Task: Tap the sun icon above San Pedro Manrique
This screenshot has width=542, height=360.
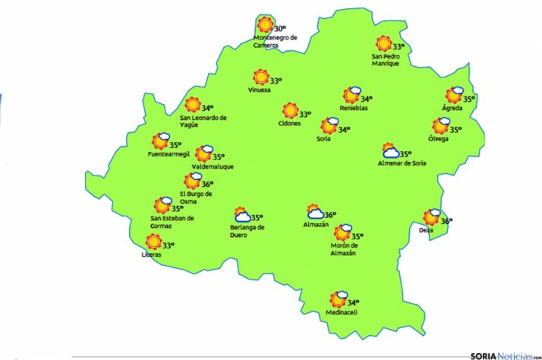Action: pyautogui.click(x=383, y=45)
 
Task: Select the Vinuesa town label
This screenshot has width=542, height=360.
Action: pyautogui.click(x=259, y=90)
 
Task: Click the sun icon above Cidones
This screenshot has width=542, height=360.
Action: pyautogui.click(x=290, y=112)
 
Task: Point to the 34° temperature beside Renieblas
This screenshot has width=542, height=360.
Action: pyautogui.click(x=366, y=99)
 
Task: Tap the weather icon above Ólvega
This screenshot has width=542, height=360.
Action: pyautogui.click(x=441, y=126)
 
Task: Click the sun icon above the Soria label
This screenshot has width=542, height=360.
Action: pyautogui.click(x=329, y=126)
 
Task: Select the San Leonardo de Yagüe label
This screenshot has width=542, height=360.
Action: pyautogui.click(x=203, y=121)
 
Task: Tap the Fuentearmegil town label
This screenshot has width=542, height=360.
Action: pyautogui.click(x=168, y=155)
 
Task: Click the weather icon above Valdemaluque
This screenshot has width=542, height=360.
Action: pyautogui.click(x=203, y=154)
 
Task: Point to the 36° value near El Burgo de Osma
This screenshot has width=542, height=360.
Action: pyautogui.click(x=207, y=184)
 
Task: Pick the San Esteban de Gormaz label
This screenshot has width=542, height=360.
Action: pyautogui.click(x=172, y=222)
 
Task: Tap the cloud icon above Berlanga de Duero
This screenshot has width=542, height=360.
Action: pyautogui.click(x=242, y=215)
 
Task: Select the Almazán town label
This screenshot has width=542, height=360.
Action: pyautogui.click(x=315, y=225)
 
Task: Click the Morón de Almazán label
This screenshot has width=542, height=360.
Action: pyautogui.click(x=344, y=248)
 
